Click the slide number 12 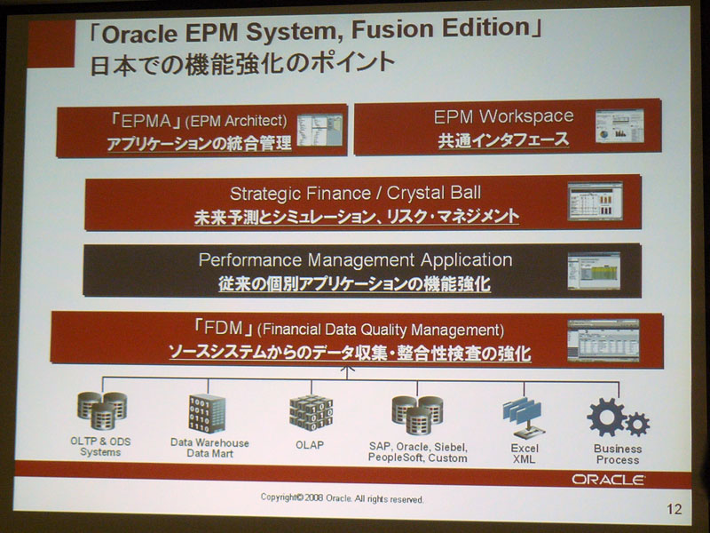tap(674, 509)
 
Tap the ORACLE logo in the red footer tap(608, 480)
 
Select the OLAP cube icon tap(312, 413)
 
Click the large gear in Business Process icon tap(607, 418)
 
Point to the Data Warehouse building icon tap(208, 413)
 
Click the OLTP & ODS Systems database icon tap(102, 410)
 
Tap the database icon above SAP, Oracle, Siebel tap(417, 415)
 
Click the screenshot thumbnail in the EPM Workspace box tap(619, 125)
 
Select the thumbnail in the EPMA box tap(319, 130)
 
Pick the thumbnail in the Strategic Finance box tap(595, 202)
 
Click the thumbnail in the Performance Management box tap(594, 271)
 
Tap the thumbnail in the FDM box tap(603, 340)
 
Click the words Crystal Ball tap(434, 193)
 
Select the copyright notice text tap(342, 498)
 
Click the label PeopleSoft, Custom tap(417, 458)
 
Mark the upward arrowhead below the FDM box tap(347, 369)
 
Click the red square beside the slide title tap(51, 44)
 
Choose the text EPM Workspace tap(503, 116)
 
